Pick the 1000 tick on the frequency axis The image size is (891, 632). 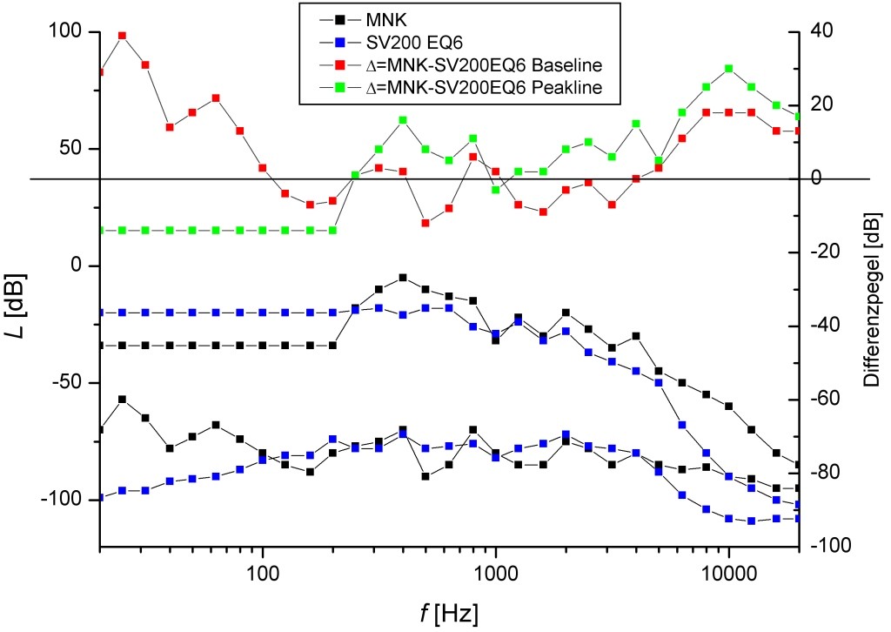click(496, 575)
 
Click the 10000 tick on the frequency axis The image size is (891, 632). click(728, 575)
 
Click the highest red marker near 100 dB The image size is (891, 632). click(122, 36)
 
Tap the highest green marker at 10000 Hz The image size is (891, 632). click(728, 68)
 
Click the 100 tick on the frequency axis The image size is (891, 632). click(263, 575)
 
